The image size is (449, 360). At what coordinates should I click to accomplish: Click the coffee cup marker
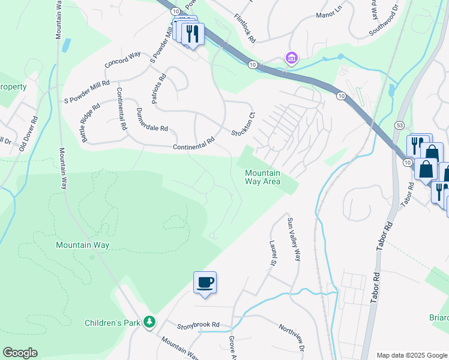[205, 282]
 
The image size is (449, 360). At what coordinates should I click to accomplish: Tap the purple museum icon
[292, 58]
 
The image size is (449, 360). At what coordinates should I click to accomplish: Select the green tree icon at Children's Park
[149, 323]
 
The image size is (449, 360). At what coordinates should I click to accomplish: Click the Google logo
[20, 353]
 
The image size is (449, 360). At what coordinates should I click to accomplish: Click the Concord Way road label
[122, 58]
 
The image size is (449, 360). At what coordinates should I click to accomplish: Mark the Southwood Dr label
[384, 22]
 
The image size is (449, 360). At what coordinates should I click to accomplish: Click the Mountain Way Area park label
[262, 177]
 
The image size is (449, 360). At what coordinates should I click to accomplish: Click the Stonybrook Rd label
[198, 325]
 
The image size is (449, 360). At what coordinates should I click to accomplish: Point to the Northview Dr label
[293, 338]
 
